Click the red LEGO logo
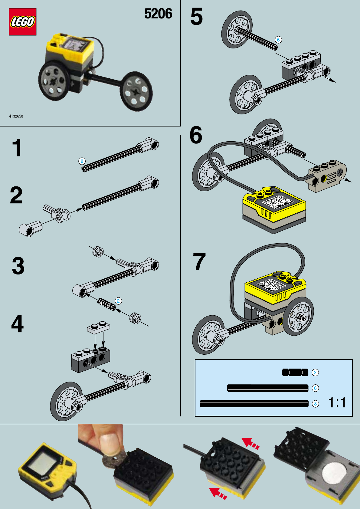click(x=23, y=22)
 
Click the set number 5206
click(x=158, y=14)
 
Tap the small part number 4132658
click(x=16, y=116)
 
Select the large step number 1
click(x=17, y=148)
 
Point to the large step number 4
click(x=17, y=323)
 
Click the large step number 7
click(x=199, y=261)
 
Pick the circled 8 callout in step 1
click(x=82, y=161)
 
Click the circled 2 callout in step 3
click(x=118, y=301)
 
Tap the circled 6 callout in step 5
click(x=278, y=40)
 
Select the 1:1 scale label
click(x=337, y=402)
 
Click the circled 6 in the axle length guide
click(x=315, y=388)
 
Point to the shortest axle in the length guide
click(x=295, y=373)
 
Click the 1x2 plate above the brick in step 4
click(x=99, y=327)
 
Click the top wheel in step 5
click(x=237, y=29)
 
